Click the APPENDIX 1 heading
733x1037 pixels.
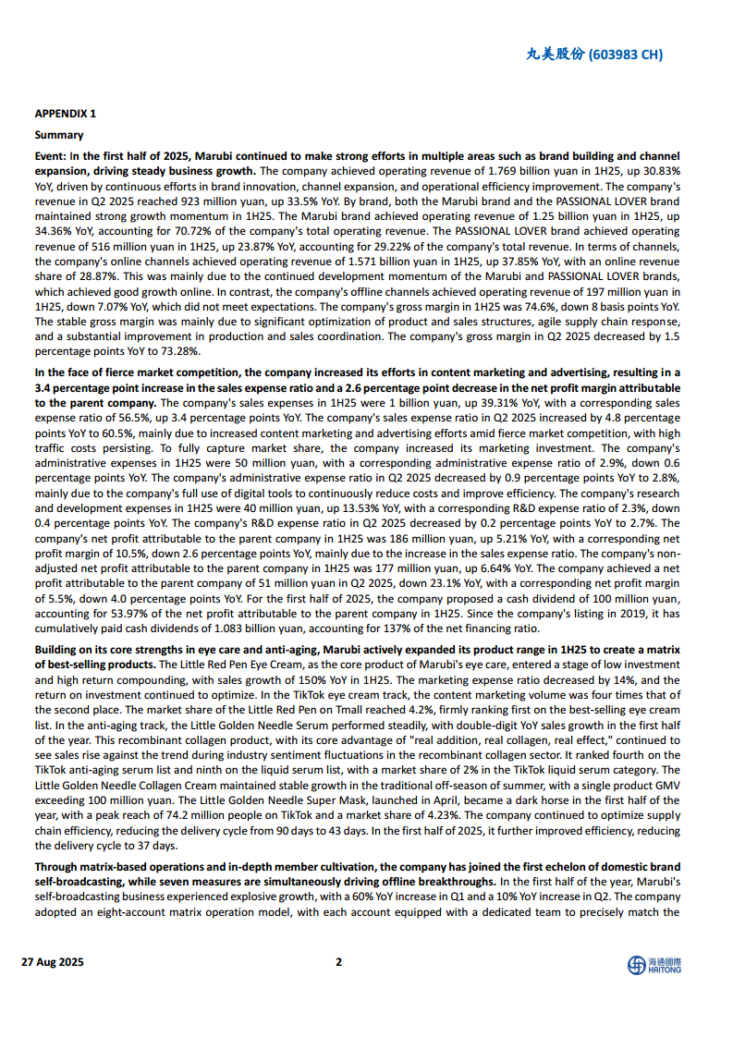pyautogui.click(x=65, y=114)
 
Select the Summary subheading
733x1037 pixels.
pyautogui.click(x=59, y=135)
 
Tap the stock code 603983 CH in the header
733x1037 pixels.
pyautogui.click(x=625, y=55)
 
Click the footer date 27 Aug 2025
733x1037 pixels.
pyautogui.click(x=53, y=962)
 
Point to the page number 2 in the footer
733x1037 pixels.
pyautogui.click(x=338, y=962)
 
